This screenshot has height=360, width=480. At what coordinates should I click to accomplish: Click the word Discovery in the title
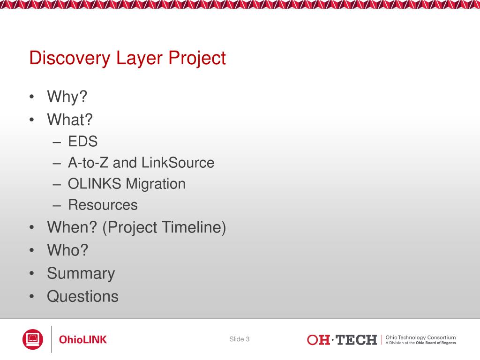coord(70,58)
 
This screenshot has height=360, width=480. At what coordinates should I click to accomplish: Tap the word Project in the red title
coord(197,58)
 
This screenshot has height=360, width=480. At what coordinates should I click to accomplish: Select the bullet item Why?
coord(67,97)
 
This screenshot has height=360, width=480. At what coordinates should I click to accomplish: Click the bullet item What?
coord(70,120)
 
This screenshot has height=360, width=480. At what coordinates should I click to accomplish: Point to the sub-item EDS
coord(82,142)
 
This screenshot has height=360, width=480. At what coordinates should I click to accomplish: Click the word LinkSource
coord(178,163)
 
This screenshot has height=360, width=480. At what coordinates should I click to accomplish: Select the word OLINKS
coord(95,184)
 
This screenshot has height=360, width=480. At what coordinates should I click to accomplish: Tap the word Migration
coord(156,184)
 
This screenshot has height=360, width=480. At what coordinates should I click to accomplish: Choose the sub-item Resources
coord(103,205)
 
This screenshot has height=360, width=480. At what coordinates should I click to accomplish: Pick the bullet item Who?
coord(67,250)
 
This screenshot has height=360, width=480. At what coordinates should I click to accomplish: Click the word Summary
coord(81,274)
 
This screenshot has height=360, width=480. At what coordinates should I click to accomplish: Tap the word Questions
coord(82,296)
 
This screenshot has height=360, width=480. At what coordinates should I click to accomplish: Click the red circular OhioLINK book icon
coord(33,339)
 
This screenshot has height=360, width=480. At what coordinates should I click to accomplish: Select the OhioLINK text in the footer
coord(82,339)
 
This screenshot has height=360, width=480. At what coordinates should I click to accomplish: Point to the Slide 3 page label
coord(240,339)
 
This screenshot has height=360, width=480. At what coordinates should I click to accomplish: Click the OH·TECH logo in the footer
coord(342,340)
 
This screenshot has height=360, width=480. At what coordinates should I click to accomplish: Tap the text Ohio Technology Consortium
coord(420,337)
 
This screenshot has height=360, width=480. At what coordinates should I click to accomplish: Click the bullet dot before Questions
coord(32,296)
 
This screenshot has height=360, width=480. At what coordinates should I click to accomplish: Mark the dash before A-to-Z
coord(57,164)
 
